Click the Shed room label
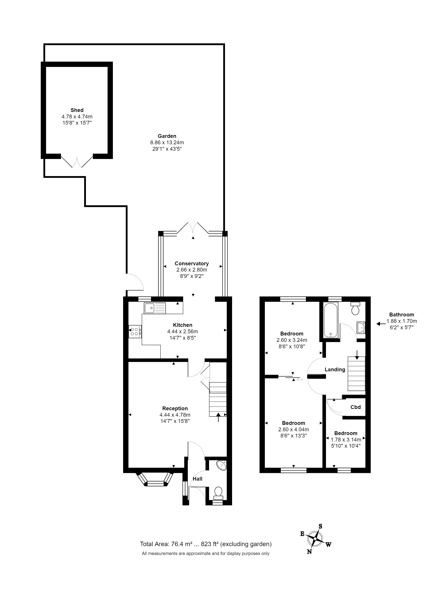pyautogui.click(x=77, y=110)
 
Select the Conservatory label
pyautogui.click(x=192, y=264)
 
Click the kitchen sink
pyautogui.click(x=155, y=308)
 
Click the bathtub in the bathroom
pyautogui.click(x=331, y=320)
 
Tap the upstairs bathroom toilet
pyautogui.click(x=355, y=308)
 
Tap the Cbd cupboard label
pyautogui.click(x=356, y=407)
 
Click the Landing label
pyautogui.click(x=335, y=370)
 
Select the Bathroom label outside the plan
pyautogui.click(x=401, y=314)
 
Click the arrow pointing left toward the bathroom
pyautogui.click(x=381, y=324)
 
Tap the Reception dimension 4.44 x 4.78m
pyautogui.click(x=175, y=415)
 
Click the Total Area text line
pyautogui.click(x=206, y=544)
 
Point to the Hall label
pyautogui.click(x=197, y=479)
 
